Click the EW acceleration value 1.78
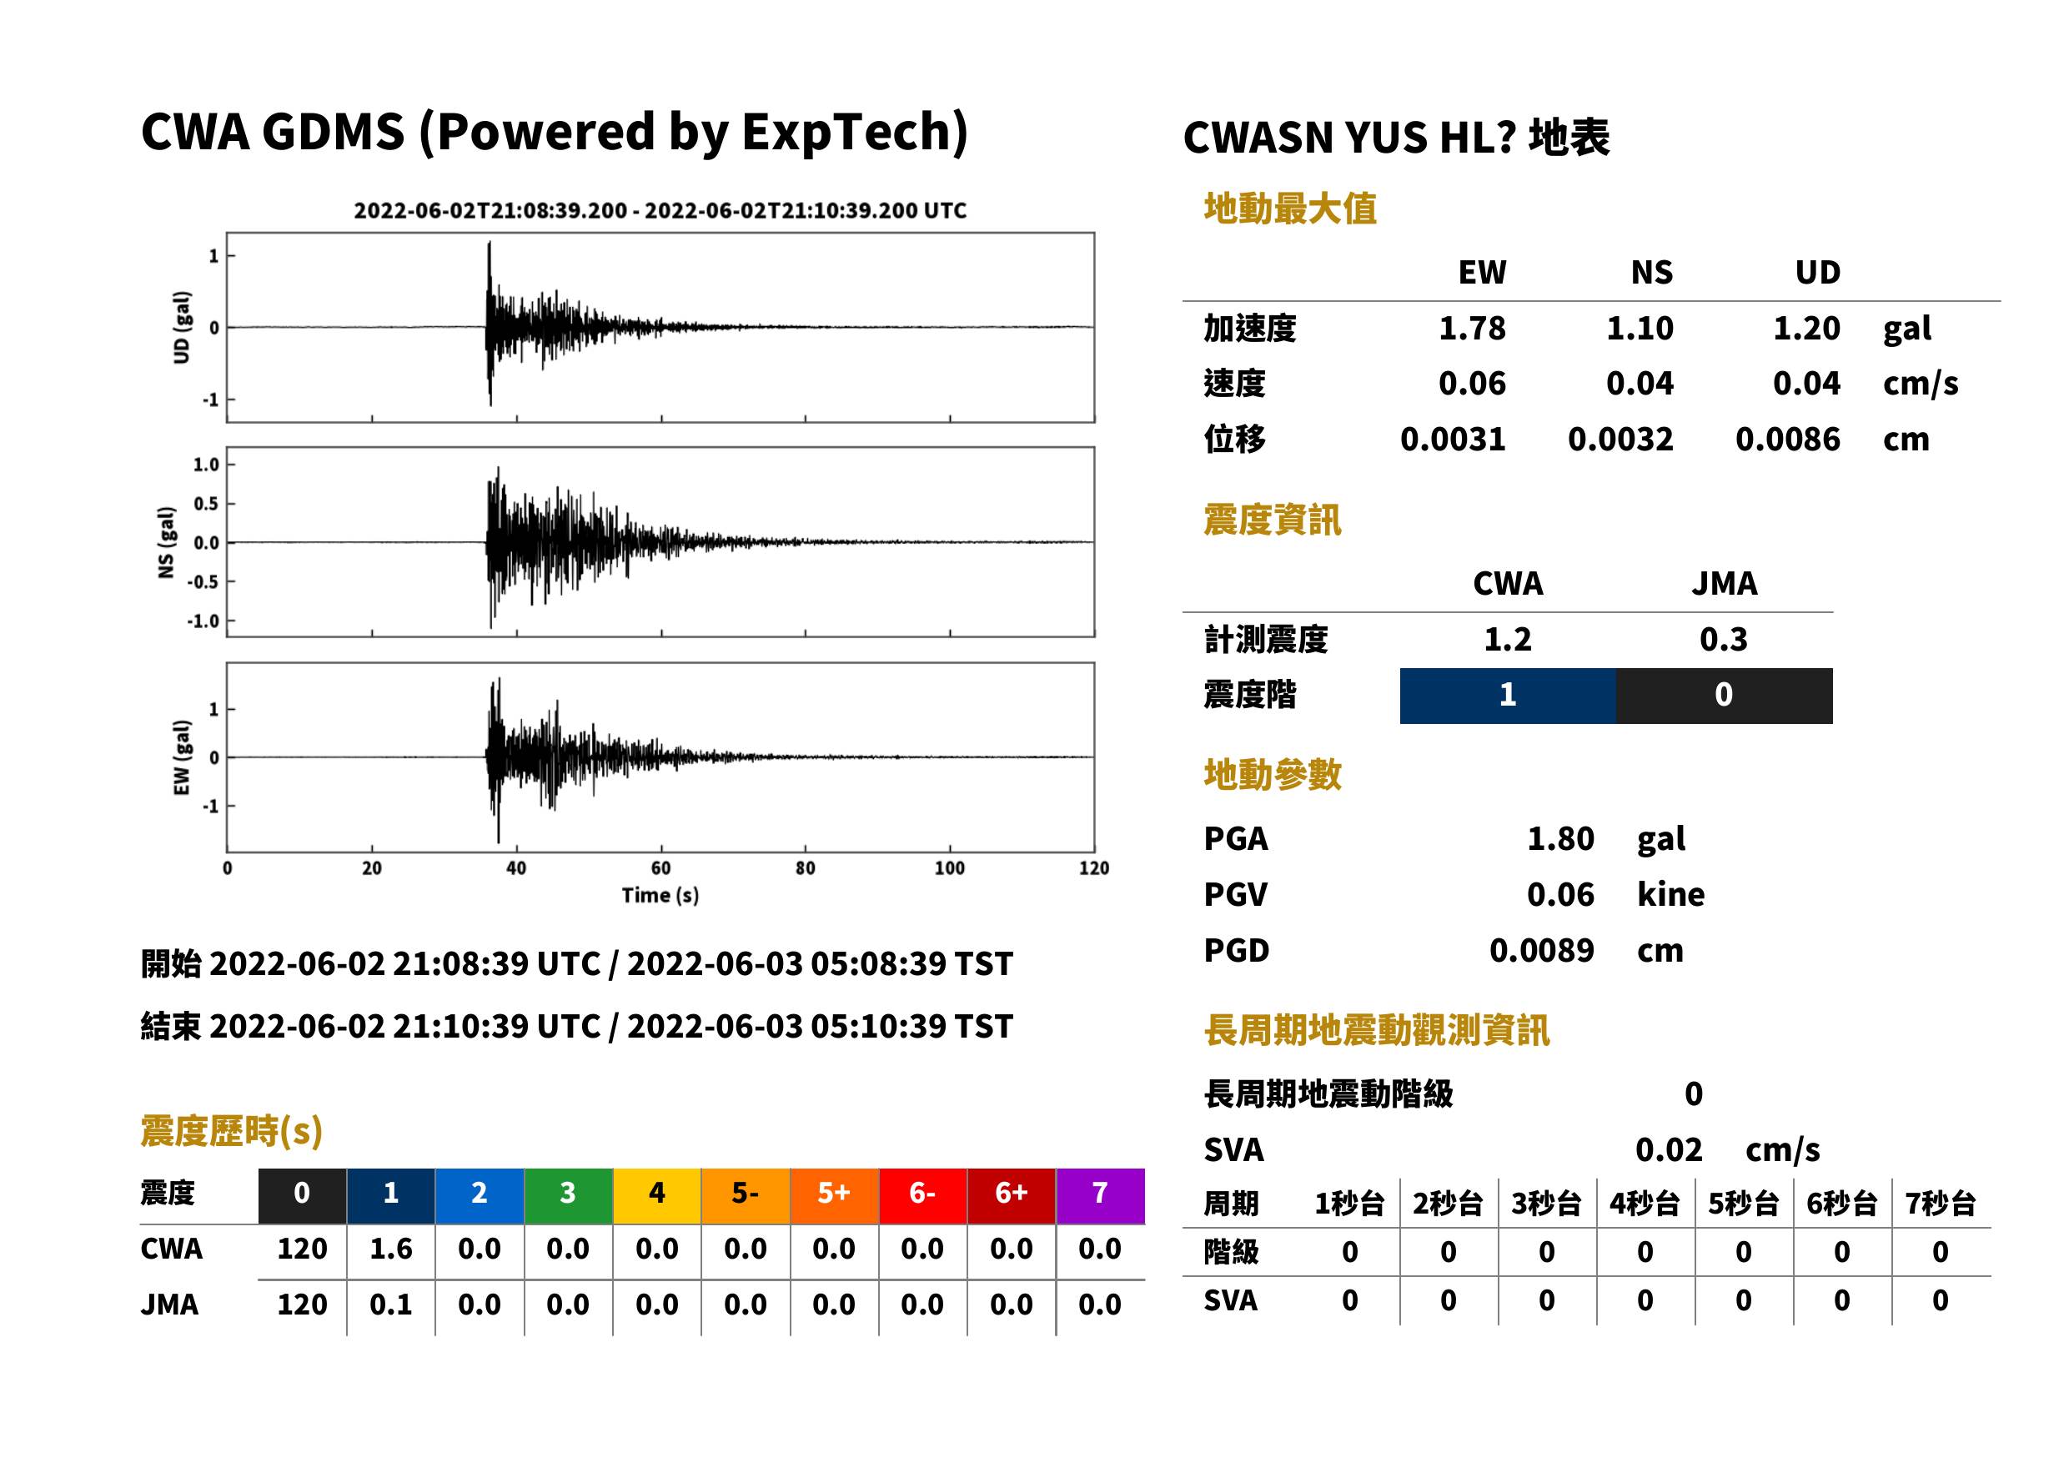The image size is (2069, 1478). click(x=1471, y=329)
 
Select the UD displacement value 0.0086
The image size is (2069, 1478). click(x=1787, y=440)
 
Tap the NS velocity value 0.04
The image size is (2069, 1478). click(x=1639, y=384)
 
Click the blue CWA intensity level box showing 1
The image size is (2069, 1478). click(x=1508, y=696)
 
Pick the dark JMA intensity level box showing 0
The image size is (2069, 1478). click(x=1725, y=696)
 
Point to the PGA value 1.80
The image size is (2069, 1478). click(x=1560, y=839)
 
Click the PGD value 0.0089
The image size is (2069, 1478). click(x=1541, y=951)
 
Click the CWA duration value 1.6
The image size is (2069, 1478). click(x=391, y=1249)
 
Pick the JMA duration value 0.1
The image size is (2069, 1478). click(x=391, y=1305)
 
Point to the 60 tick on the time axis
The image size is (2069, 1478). click(x=660, y=868)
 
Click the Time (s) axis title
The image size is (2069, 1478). click(x=660, y=896)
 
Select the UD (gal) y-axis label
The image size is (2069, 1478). click(x=182, y=328)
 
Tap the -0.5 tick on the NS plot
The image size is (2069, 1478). click(x=203, y=582)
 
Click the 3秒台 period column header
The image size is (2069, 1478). click(x=1546, y=1204)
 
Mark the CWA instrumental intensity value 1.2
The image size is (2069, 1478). click(x=1508, y=640)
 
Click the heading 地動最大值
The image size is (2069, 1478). click(x=1290, y=209)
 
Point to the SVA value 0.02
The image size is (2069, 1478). click(x=1669, y=1150)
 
